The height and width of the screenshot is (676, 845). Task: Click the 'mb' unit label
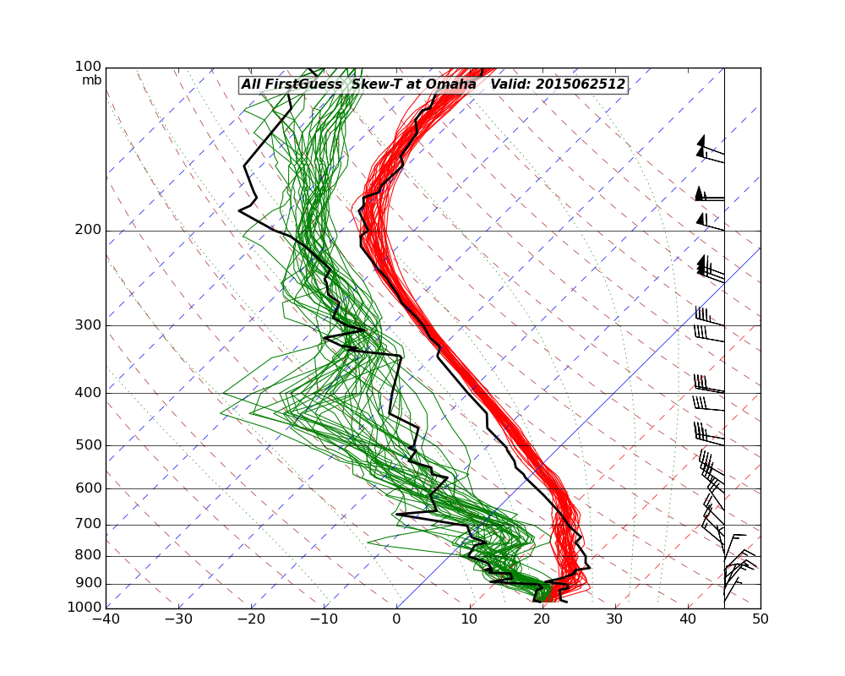click(91, 80)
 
